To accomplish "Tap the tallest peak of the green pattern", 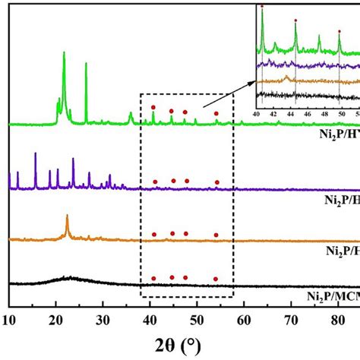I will pyautogui.click(x=64, y=53).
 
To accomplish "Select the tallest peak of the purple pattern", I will pyautogui.click(x=36, y=154).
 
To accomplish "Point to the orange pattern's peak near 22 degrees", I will pyautogui.click(x=67, y=217).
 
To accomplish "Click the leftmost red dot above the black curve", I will pyautogui.click(x=153, y=279).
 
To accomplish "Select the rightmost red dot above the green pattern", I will pyautogui.click(x=216, y=114).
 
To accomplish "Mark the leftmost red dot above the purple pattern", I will pyautogui.click(x=156, y=182).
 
